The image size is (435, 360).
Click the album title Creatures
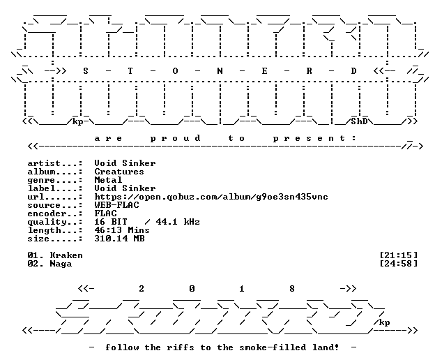point(119,172)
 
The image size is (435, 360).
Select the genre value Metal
point(108,180)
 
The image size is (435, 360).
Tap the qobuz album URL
point(211,197)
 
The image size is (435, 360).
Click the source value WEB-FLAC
point(117,205)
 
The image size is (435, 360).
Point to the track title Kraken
point(66,255)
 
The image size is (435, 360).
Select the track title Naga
point(61,264)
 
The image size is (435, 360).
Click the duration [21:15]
point(398,255)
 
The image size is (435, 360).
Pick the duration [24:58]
point(398,264)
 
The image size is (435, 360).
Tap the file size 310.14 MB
point(120,239)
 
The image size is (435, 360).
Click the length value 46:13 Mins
point(122,230)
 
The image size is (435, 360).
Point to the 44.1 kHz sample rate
point(178,222)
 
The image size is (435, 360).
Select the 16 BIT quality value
point(111,222)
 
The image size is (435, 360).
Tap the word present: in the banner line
point(314,138)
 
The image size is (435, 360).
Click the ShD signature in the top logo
point(359,121)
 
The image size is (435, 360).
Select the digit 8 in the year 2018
point(292,289)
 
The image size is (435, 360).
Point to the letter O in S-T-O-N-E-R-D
point(175,71)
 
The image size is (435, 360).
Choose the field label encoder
point(47,213)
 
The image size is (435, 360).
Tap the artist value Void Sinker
point(125,163)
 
